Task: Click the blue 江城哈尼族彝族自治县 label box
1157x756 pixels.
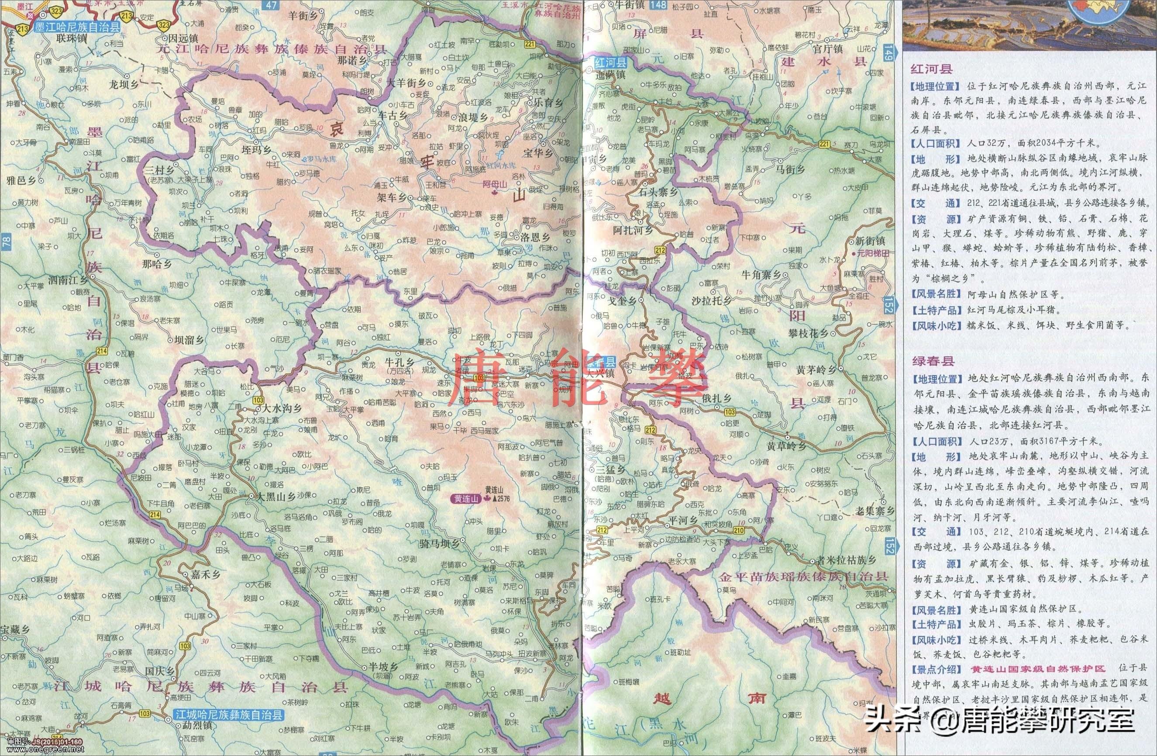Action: [229, 715]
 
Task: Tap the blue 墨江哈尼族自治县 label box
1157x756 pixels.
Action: [77, 28]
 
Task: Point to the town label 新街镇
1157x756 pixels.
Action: [871, 241]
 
